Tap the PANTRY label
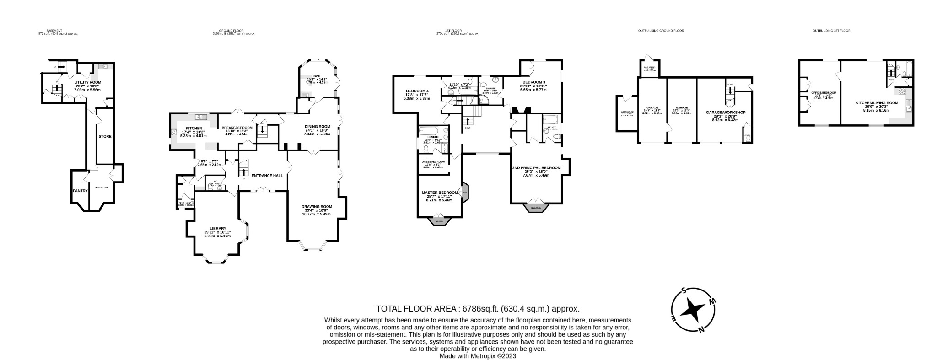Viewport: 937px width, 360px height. tap(80, 191)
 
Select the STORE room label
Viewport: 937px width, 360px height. tap(105, 136)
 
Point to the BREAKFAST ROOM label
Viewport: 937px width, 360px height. tap(237, 128)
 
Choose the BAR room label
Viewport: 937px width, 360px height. tap(317, 76)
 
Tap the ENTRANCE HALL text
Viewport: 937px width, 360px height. tap(267, 176)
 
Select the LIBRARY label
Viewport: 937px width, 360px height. tap(218, 228)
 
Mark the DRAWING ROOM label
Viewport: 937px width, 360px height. tap(317, 206)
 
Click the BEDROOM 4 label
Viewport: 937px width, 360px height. tap(417, 91)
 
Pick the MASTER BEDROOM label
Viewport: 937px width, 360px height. tap(439, 193)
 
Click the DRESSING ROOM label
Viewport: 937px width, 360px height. tap(433, 161)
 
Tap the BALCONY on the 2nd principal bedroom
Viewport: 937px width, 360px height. tap(536, 209)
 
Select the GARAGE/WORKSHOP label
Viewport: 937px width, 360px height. tap(726, 113)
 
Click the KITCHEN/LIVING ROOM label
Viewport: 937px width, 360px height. tap(877, 103)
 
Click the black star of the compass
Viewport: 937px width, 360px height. tap(692, 310)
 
